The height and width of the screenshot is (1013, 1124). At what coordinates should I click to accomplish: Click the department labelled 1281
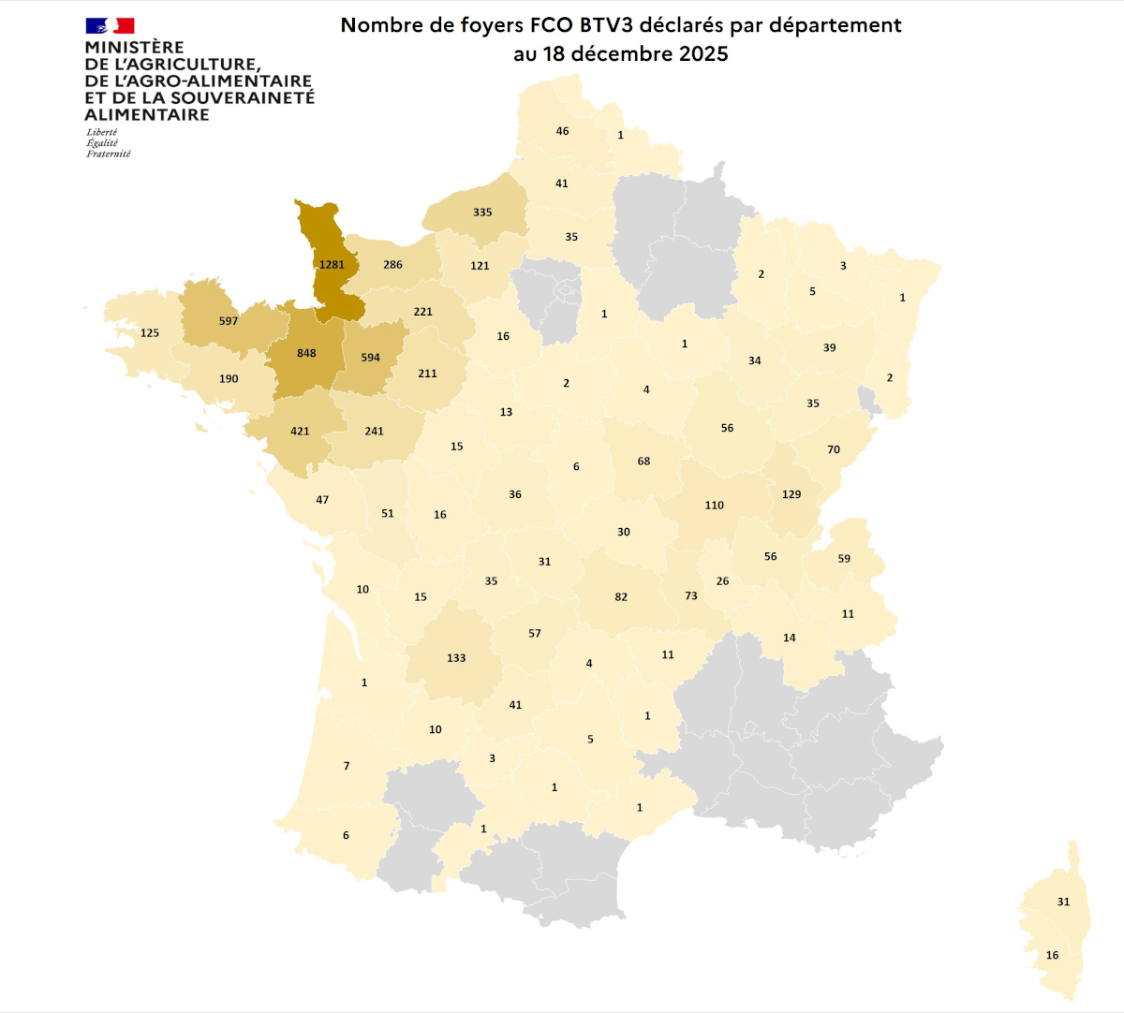click(x=332, y=265)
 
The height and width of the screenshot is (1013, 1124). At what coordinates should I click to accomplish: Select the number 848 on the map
click(x=306, y=354)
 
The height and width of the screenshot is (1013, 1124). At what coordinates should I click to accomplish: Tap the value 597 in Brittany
click(x=229, y=321)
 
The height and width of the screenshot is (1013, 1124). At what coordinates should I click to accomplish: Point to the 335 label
click(x=482, y=213)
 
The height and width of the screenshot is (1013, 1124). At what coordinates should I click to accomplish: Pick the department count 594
click(x=370, y=358)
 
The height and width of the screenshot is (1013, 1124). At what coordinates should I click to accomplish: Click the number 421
click(x=300, y=432)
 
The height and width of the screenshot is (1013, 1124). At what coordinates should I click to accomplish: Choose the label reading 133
click(x=456, y=658)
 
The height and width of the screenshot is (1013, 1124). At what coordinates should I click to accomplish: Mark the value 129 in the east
click(x=791, y=494)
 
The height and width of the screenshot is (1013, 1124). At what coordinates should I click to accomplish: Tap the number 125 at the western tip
click(x=150, y=333)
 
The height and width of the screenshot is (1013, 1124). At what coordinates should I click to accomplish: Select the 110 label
click(x=715, y=506)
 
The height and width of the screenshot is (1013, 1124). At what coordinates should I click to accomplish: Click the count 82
click(x=621, y=597)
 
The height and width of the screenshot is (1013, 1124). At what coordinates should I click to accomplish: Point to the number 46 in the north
click(x=562, y=131)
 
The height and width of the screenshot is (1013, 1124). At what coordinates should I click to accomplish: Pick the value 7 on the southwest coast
click(x=347, y=766)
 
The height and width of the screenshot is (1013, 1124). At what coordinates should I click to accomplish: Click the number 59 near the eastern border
click(x=844, y=559)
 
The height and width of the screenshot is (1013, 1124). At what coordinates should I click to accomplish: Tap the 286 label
click(x=392, y=265)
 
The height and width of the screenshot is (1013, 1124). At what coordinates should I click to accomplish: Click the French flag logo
click(x=110, y=25)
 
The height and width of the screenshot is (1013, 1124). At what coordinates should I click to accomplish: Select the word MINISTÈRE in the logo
click(x=134, y=47)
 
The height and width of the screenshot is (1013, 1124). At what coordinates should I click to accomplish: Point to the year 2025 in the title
click(x=703, y=53)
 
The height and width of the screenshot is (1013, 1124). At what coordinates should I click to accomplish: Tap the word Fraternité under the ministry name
click(x=109, y=154)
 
